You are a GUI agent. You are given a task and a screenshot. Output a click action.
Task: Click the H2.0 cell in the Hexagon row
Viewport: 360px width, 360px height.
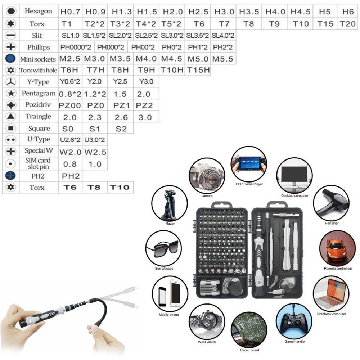(173, 12)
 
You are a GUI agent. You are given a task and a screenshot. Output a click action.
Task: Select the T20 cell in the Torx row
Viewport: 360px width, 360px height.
(348, 24)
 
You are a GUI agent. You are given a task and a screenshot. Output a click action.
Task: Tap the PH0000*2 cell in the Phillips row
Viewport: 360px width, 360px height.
(76, 47)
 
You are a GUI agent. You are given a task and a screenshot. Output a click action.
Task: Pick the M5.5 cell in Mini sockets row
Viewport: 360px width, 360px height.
(223, 59)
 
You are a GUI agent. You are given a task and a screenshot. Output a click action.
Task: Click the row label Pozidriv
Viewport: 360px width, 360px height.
(38, 105)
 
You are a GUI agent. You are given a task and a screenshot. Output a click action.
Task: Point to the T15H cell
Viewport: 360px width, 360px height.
(198, 70)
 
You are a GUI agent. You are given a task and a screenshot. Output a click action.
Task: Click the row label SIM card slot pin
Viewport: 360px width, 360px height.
(38, 163)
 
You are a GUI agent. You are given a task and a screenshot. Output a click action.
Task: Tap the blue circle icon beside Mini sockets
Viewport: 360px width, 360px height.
(10, 59)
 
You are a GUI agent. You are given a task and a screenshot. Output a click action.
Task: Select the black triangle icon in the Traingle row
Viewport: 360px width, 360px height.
(10, 116)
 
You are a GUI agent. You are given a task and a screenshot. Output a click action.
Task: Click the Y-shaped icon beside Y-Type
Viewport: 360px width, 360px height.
(10, 82)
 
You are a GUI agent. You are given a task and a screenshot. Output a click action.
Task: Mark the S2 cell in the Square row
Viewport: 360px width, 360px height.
(121, 129)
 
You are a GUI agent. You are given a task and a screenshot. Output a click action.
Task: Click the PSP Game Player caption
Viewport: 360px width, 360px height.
(249, 184)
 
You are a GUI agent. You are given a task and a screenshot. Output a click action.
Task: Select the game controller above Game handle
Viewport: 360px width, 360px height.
(294, 320)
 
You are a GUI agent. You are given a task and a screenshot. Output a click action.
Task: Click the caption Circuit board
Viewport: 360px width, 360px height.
(249, 350)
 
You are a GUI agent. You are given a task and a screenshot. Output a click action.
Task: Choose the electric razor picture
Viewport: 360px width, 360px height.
(170, 204)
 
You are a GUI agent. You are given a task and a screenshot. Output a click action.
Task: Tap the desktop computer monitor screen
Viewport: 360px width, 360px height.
(294, 174)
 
